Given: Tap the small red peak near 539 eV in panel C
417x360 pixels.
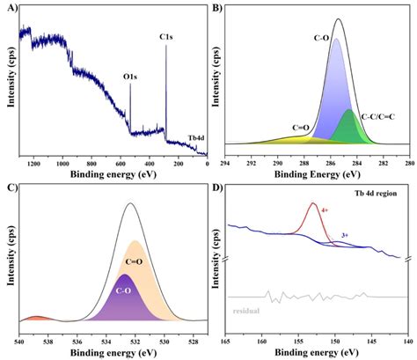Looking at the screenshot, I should pyautogui.click(x=34, y=318).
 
